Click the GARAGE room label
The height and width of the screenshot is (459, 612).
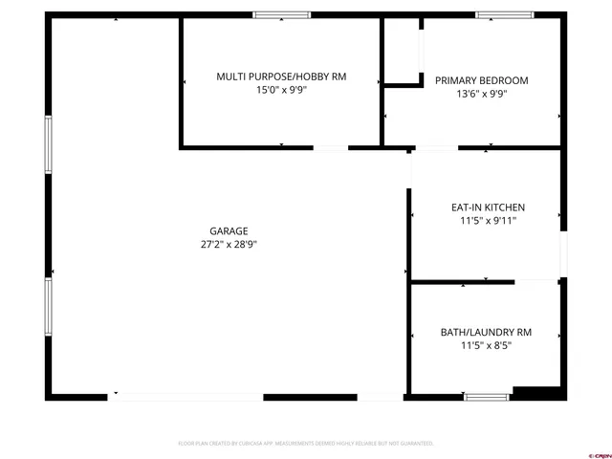click(x=229, y=230)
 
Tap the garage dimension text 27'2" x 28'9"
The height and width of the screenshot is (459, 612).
click(x=229, y=244)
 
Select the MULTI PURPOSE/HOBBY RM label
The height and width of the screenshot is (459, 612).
click(x=281, y=76)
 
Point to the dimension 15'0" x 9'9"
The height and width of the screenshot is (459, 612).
click(x=281, y=90)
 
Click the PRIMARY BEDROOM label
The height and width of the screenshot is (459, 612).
click(x=481, y=80)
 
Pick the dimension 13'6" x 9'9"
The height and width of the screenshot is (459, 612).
click(x=481, y=94)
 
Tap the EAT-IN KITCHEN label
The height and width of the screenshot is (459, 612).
click(x=488, y=208)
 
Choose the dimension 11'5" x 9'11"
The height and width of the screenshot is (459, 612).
click(x=488, y=221)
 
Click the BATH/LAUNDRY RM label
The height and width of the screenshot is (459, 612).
click(x=486, y=332)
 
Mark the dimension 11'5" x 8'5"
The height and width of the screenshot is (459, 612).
click(x=486, y=345)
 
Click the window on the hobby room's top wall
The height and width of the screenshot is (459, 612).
click(x=282, y=14)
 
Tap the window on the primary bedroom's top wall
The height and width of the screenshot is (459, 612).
click(x=504, y=14)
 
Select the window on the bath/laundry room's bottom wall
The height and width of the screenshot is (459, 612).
click(x=487, y=396)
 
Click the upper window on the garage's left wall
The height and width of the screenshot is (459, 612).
click(x=48, y=144)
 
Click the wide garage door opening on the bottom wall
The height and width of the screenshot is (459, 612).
click(x=186, y=396)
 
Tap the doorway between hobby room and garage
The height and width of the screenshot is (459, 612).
click(x=331, y=148)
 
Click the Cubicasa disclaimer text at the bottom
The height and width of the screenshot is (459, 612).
click(x=306, y=444)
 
